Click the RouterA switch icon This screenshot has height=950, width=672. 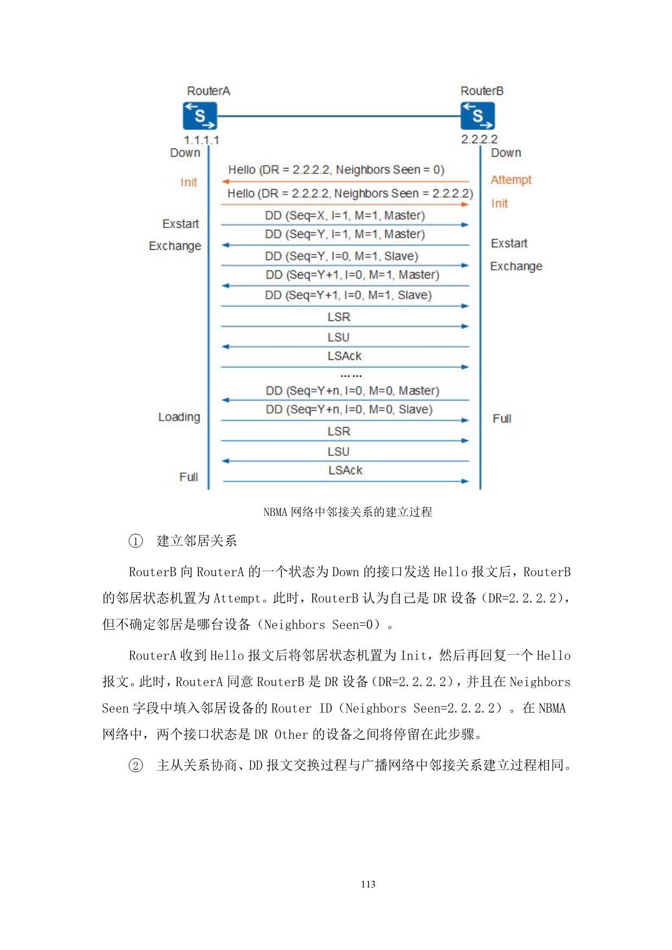click(x=200, y=115)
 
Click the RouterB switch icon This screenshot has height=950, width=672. click(x=477, y=115)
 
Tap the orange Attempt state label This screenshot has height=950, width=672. click(x=511, y=179)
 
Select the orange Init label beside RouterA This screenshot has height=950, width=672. click(x=189, y=182)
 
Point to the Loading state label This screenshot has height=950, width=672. click(x=179, y=417)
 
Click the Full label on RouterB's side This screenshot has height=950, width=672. click(x=502, y=418)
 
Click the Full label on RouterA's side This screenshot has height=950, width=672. click(x=189, y=477)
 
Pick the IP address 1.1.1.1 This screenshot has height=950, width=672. click(x=202, y=140)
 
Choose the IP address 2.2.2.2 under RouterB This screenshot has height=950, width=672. click(x=479, y=139)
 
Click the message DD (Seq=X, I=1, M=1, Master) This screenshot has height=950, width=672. click(x=345, y=216)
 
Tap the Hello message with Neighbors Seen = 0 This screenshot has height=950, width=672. click(x=336, y=170)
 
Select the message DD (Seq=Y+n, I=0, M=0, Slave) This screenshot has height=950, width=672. click(x=349, y=409)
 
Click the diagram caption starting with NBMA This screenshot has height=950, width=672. click(x=347, y=512)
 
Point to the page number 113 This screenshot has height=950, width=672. click(x=368, y=884)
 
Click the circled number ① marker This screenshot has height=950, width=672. click(x=135, y=541)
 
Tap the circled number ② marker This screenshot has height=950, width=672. click(x=135, y=765)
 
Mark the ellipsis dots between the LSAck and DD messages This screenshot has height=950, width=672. click(x=351, y=375)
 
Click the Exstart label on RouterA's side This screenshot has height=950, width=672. click(x=180, y=224)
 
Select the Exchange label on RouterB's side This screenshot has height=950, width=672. click(x=516, y=266)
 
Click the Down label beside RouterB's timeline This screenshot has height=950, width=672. click(x=506, y=153)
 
